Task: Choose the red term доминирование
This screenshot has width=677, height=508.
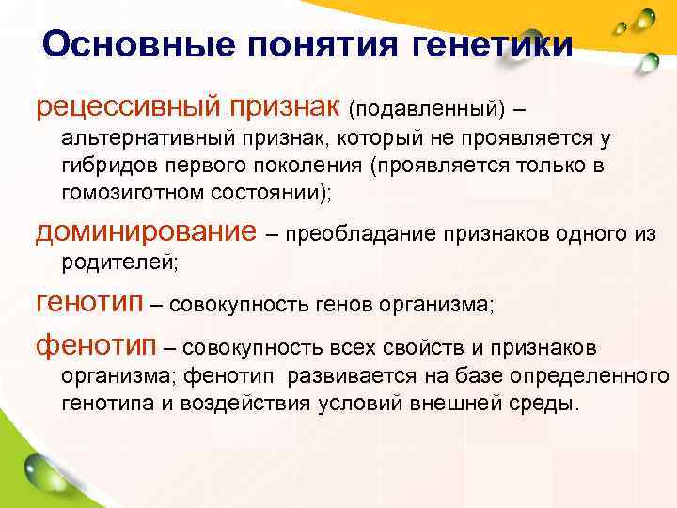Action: coord(145,230)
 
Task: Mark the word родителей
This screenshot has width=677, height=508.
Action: coord(118,263)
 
